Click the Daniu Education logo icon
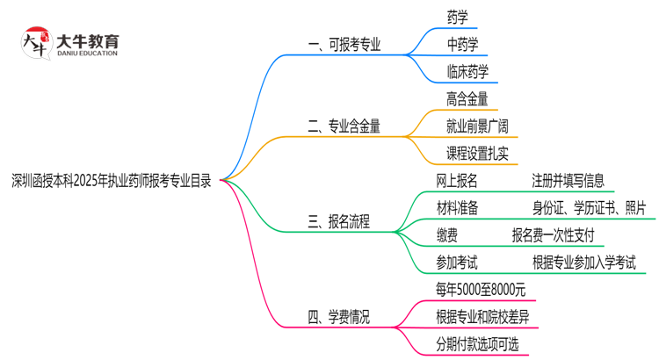[x=37, y=42]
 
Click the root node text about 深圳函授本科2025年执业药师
[x=111, y=181]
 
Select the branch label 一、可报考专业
[x=344, y=46]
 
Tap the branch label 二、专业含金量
[x=344, y=126]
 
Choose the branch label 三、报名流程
[x=338, y=221]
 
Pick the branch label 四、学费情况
[x=338, y=317]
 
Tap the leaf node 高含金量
[x=467, y=99]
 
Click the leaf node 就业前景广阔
[x=479, y=126]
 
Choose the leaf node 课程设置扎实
[x=479, y=154]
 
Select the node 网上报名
[x=457, y=181]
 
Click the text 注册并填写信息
[x=568, y=181]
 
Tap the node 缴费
[x=446, y=235]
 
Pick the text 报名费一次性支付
[x=554, y=235]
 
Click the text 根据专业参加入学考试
[x=585, y=263]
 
